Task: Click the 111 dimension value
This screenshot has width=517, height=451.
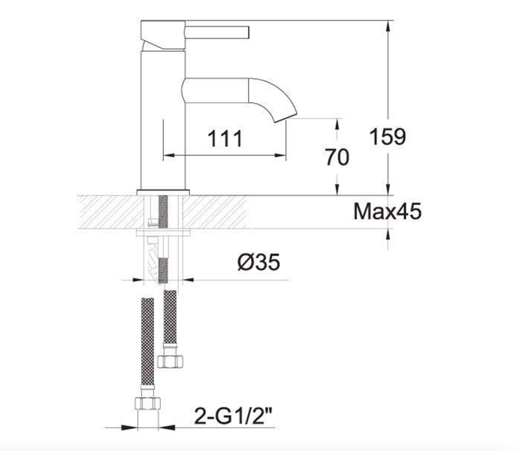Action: click(x=225, y=138)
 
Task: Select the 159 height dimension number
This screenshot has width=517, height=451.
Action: click(x=388, y=136)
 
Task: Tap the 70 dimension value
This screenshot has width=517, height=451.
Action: click(x=337, y=157)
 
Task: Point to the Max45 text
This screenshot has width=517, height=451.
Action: click(x=388, y=211)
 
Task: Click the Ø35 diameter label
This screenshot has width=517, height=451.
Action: click(x=258, y=262)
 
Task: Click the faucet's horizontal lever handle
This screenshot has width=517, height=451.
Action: click(x=217, y=32)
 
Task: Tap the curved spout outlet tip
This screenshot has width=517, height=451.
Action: click(x=286, y=118)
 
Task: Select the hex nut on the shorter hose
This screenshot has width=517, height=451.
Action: click(x=170, y=362)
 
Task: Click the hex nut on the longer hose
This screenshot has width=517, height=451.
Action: click(x=148, y=403)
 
